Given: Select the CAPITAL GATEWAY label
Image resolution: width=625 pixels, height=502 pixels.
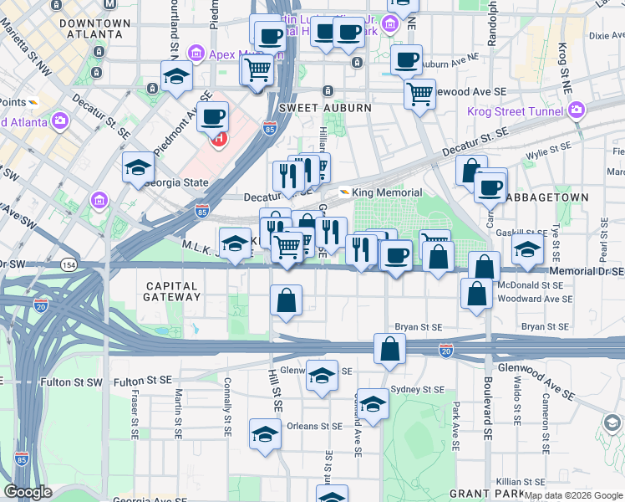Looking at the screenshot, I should point(171,291).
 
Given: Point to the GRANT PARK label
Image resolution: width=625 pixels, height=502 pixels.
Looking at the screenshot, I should point(474,494).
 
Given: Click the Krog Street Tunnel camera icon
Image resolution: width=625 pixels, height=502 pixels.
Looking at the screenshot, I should point(576,110).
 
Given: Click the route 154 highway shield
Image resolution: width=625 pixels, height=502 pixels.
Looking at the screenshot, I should point(69,264).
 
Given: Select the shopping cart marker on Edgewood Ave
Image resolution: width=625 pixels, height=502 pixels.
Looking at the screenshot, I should point(419,93).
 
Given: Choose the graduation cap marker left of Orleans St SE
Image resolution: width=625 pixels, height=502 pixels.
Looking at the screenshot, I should point(265,433).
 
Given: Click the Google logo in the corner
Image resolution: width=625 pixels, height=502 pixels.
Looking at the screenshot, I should point(28,492).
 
